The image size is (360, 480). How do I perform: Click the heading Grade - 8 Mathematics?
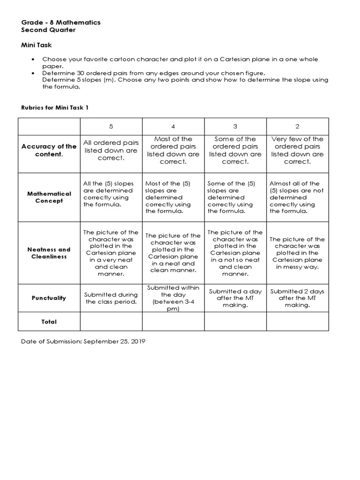click(60, 22)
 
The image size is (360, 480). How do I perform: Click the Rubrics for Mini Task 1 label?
click(54, 107)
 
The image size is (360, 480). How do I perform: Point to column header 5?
click(111, 127)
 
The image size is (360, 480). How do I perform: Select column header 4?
click(173, 127)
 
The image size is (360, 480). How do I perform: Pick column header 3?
click(235, 127)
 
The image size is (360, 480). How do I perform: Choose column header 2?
click(298, 127)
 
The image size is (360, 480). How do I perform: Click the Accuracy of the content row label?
click(49, 150)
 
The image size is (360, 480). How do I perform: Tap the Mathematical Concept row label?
click(49, 197)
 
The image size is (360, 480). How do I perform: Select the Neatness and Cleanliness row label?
click(49, 253)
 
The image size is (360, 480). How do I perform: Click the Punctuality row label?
click(49, 298)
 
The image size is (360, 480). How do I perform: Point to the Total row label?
click(49, 322)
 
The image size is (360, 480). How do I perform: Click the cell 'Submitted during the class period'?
click(111, 298)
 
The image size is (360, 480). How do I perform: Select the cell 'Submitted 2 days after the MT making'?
click(298, 298)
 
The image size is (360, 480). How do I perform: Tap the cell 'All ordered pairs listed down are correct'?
click(111, 150)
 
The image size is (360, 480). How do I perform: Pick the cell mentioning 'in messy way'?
click(298, 253)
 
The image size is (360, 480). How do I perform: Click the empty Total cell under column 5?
click(111, 322)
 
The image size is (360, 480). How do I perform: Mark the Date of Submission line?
click(83, 342)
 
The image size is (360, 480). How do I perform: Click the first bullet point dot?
click(32, 60)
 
